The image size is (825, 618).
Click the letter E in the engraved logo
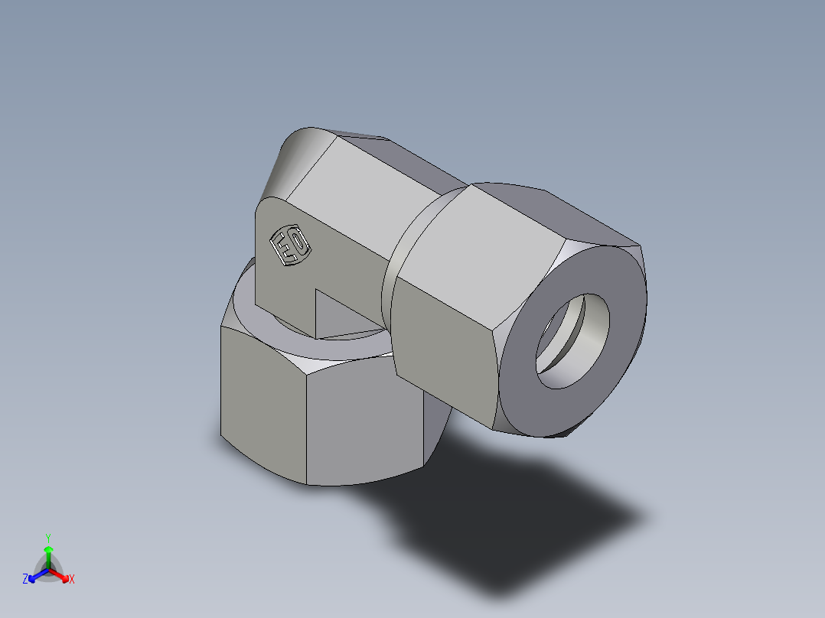click(283, 247)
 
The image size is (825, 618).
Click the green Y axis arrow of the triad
click(48, 548)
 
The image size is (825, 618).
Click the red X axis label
click(72, 580)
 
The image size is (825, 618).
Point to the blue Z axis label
click(25, 580)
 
